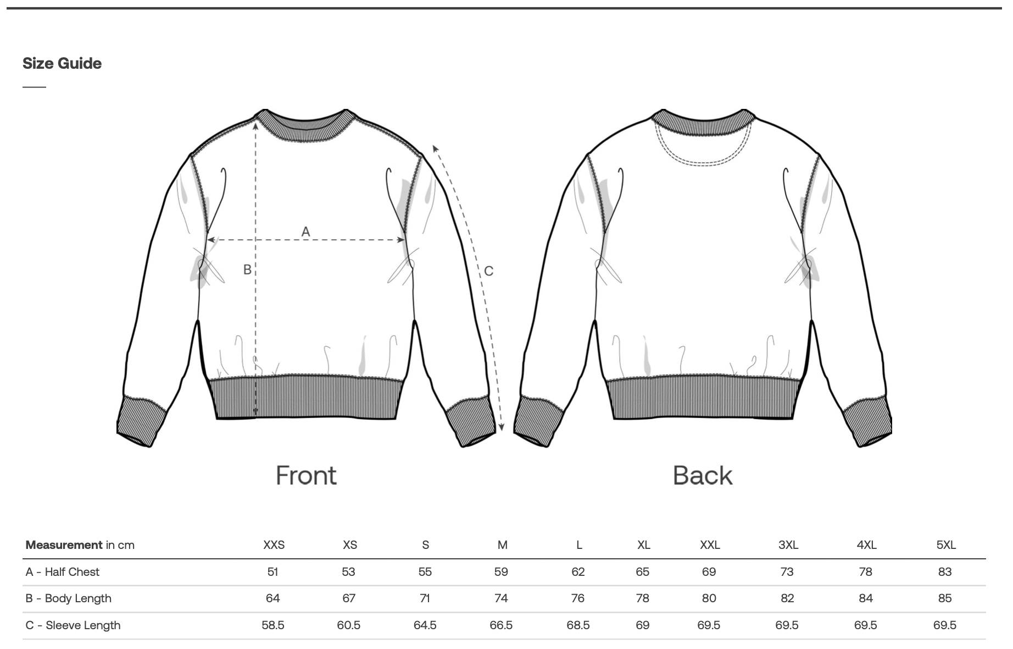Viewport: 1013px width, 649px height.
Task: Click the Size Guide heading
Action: (62, 63)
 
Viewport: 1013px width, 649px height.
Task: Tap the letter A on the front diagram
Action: (306, 232)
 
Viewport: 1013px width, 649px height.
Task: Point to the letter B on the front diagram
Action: (247, 269)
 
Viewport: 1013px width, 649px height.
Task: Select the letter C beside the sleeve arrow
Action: (488, 271)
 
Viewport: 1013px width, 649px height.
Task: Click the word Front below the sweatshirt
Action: (306, 476)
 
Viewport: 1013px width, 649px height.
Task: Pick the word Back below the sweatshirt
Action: (703, 476)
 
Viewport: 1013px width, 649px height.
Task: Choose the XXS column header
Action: (274, 545)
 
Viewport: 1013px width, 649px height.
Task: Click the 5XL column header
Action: (946, 545)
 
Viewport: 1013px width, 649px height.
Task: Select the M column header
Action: (502, 545)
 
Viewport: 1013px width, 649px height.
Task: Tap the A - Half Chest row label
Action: (62, 572)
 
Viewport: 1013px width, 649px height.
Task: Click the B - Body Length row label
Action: (68, 598)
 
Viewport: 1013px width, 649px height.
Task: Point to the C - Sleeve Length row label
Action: (73, 625)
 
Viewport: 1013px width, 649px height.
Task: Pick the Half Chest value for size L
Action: (578, 572)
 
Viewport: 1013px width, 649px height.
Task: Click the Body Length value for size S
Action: (425, 598)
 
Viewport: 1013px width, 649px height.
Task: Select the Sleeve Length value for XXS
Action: (273, 625)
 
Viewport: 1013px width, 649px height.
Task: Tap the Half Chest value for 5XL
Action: (945, 572)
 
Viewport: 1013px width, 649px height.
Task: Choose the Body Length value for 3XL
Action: (787, 598)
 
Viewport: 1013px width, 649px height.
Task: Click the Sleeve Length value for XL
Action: (642, 625)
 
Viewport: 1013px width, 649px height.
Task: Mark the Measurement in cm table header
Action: (80, 545)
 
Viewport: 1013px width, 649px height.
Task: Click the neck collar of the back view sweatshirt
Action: (703, 124)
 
